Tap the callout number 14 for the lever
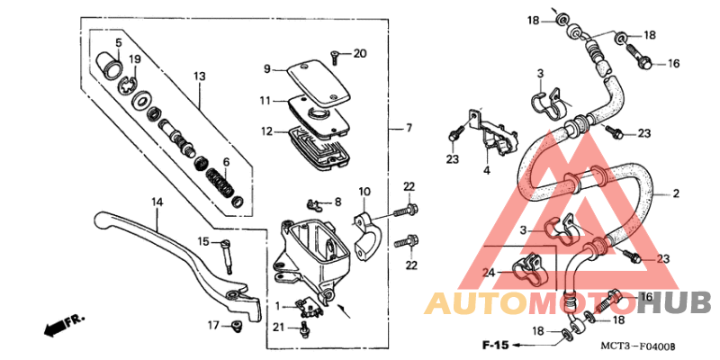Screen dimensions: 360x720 pos(157,202)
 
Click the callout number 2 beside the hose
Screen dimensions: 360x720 pos(676,193)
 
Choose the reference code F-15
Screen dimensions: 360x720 pos(495,346)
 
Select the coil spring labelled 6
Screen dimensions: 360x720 pos(221,184)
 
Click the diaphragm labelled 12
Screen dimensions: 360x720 pos(317,146)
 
